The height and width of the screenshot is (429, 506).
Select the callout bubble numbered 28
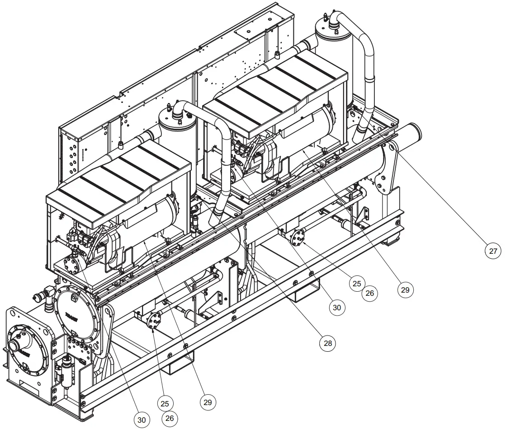pyautogui.click(x=328, y=343)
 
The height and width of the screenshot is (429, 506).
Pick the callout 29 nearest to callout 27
pyautogui.click(x=405, y=289)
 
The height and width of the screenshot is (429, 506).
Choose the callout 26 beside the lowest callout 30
pyautogui.click(x=170, y=418)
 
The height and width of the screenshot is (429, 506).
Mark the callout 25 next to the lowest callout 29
pyautogui.click(x=165, y=402)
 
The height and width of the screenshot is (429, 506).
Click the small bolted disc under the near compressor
pyautogui.click(x=156, y=321)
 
